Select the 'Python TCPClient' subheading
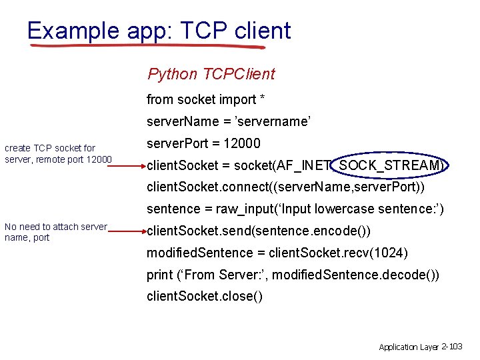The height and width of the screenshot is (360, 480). [211, 74]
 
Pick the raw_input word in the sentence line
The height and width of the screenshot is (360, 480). [245, 209]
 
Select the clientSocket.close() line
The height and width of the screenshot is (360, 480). [205, 297]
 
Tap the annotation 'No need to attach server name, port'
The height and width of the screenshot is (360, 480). [56, 232]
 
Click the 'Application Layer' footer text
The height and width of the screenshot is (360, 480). [409, 347]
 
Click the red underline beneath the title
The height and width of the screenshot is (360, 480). [147, 47]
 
